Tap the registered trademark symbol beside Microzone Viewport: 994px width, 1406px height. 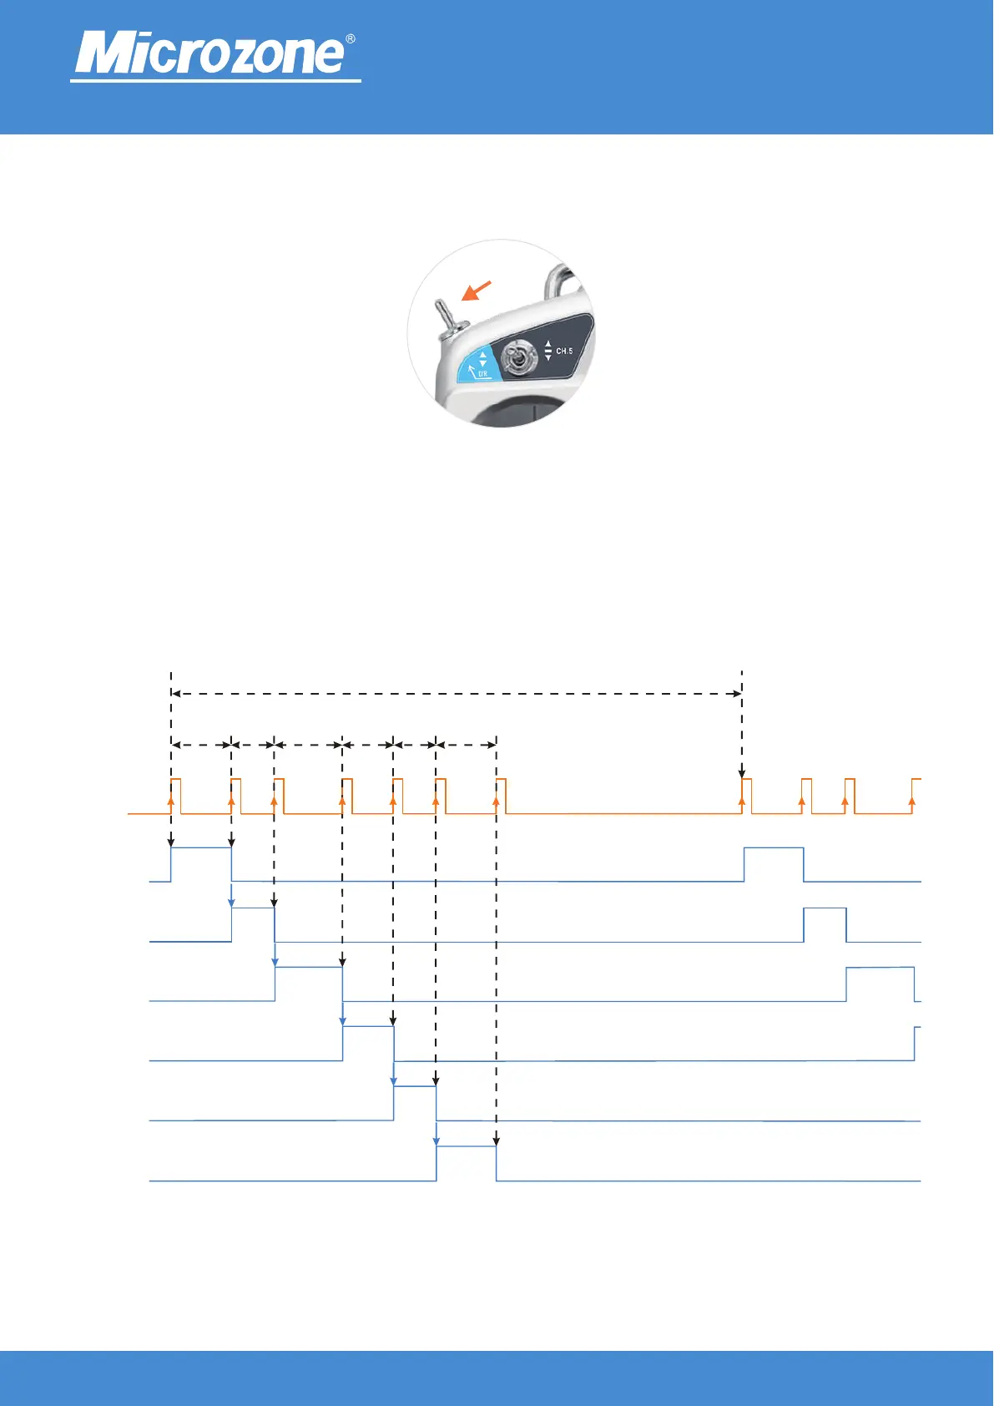[351, 39]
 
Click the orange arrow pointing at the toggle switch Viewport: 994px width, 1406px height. [477, 291]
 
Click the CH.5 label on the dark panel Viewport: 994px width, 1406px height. [564, 351]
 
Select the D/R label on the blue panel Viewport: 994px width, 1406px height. [483, 374]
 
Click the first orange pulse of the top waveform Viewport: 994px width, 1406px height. [175, 795]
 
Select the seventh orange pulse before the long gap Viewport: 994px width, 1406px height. [501, 795]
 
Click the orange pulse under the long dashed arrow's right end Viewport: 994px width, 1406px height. [746, 795]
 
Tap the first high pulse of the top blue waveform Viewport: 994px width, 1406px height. [201, 863]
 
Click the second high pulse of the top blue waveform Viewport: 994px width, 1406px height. [774, 863]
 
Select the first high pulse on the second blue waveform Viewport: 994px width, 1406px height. [253, 924]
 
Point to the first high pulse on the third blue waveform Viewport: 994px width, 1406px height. [309, 984]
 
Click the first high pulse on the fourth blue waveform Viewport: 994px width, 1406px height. [368, 1043]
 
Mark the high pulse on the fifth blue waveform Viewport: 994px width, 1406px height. [415, 1103]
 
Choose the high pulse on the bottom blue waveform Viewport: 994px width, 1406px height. [466, 1163]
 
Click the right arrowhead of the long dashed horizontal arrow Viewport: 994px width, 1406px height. [737, 693]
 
